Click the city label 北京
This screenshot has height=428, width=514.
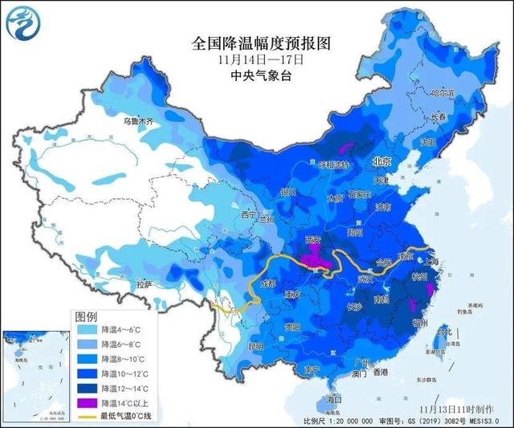coord(381,161)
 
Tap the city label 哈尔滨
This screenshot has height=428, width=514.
coord(464,94)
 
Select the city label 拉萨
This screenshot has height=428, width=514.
coord(145,284)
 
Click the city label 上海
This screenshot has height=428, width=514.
coord(433,261)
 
